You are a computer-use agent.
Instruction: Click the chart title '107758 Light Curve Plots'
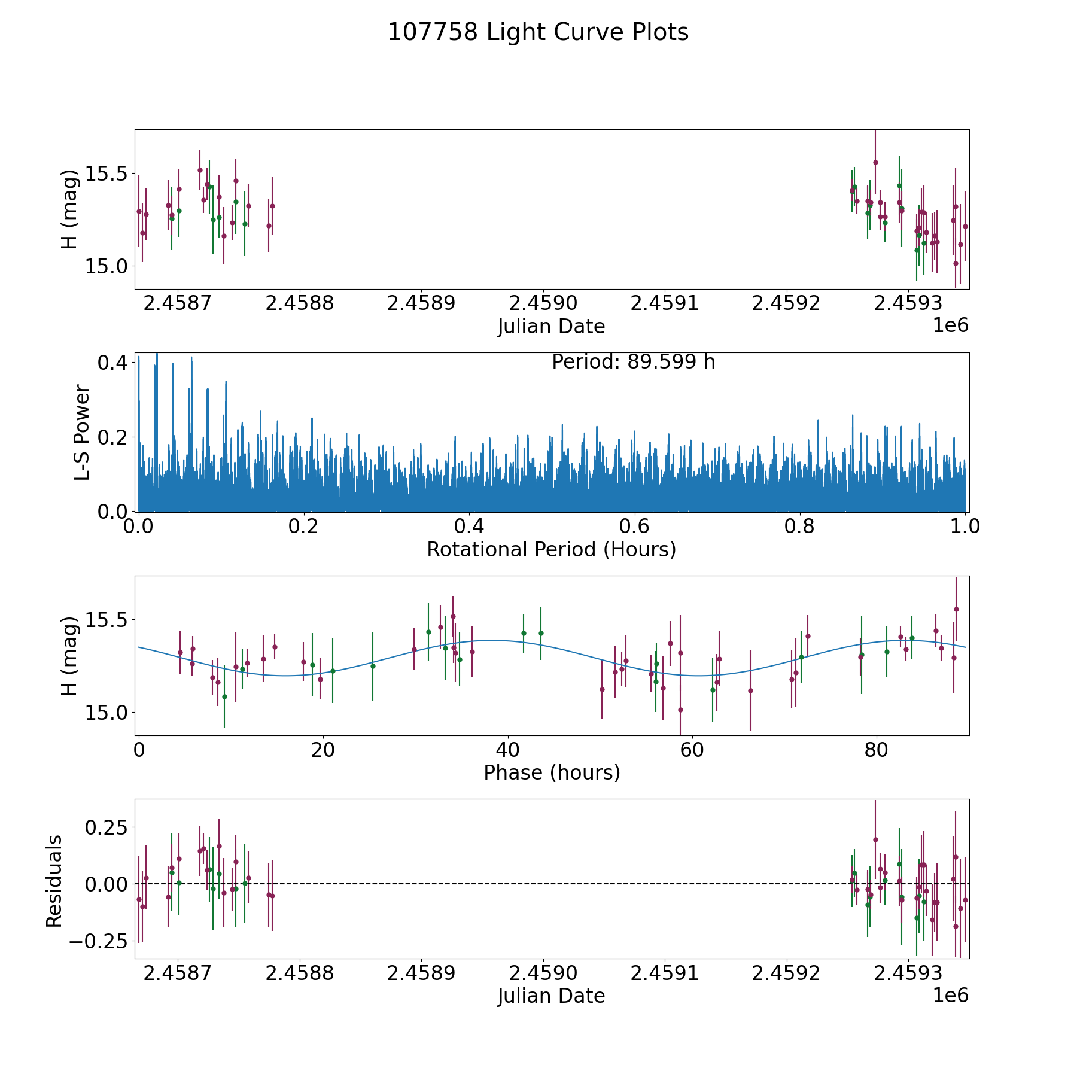point(538,32)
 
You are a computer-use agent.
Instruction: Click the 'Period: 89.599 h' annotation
point(633,362)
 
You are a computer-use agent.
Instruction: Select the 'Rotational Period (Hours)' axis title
point(551,549)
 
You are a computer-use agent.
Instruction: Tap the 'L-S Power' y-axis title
point(82,432)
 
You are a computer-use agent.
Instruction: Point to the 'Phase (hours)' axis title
point(551,772)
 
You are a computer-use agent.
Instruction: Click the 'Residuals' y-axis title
point(54,881)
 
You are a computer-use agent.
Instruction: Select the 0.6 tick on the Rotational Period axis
point(634,527)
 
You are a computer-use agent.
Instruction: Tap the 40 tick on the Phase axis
point(507,750)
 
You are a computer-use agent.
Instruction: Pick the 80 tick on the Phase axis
point(876,750)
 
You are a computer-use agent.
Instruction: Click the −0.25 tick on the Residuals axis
point(98,941)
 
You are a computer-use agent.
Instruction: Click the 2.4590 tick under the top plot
point(543,303)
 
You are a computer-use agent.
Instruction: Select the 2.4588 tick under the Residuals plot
point(299,973)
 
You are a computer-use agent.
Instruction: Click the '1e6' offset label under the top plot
point(950,325)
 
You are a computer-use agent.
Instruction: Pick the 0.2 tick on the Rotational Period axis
point(304,527)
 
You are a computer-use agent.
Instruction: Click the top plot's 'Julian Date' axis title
point(551,327)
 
